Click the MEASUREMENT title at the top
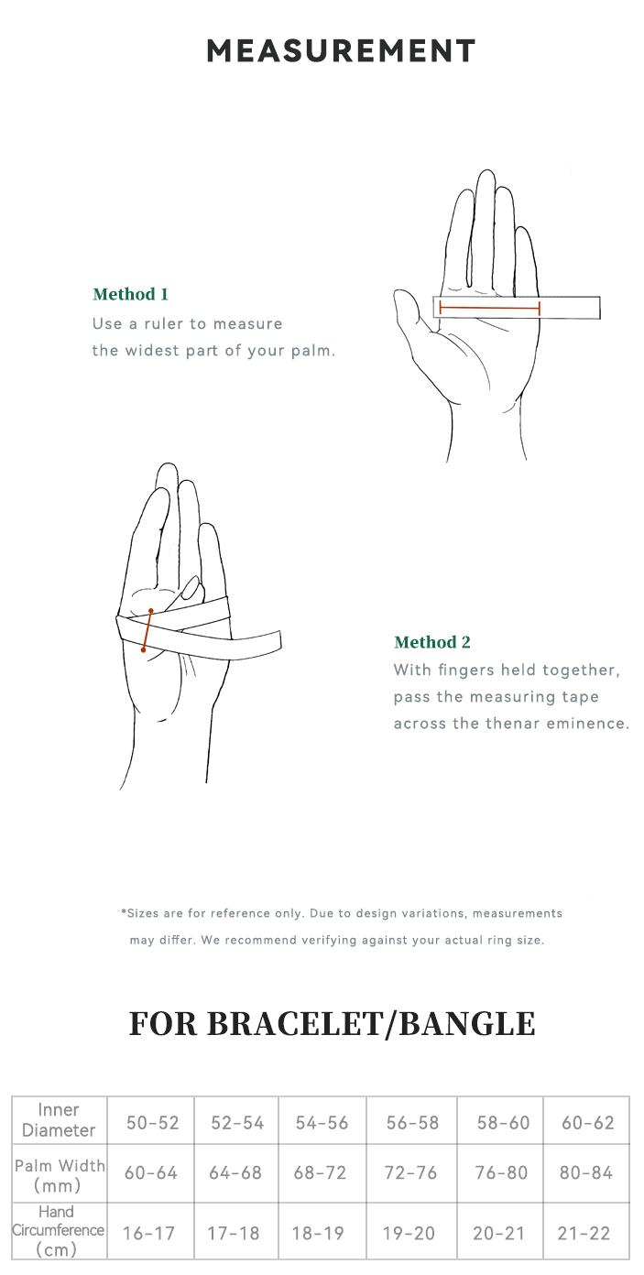point(341,50)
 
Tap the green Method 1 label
point(130,294)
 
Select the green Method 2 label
point(432,642)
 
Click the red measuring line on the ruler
point(489,309)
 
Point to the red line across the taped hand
point(147,630)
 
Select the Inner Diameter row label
point(59,1119)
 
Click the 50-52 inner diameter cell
point(153,1122)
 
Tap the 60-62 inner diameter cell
point(587,1122)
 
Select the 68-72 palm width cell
point(320,1172)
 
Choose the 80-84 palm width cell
point(586,1172)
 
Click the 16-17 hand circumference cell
point(148,1234)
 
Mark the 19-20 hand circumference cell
point(409,1234)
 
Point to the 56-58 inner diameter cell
point(412,1122)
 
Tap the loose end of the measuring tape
point(274,640)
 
